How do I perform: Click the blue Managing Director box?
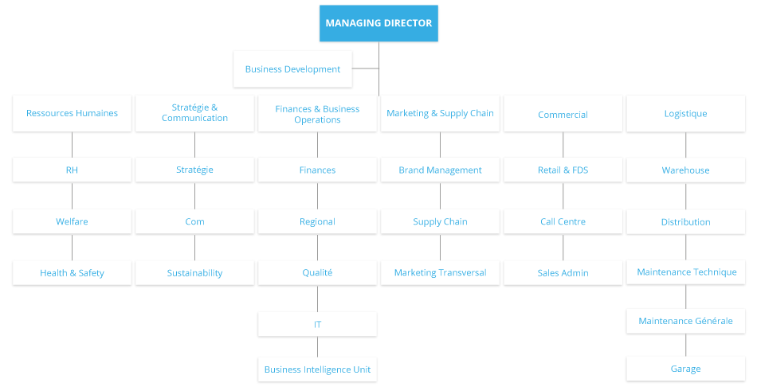pyautogui.click(x=378, y=23)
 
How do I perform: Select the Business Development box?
pyautogui.click(x=292, y=69)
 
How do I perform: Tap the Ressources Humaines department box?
pyautogui.click(x=72, y=113)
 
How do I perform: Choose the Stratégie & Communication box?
pyautogui.click(x=194, y=113)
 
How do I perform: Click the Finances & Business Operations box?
pyautogui.click(x=317, y=114)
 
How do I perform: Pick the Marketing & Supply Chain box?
pyautogui.click(x=440, y=113)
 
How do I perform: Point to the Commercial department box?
pyautogui.click(x=563, y=114)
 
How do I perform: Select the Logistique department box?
pyautogui.click(x=685, y=113)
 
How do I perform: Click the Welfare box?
pyautogui.click(x=72, y=221)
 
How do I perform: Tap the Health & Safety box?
pyautogui.click(x=72, y=273)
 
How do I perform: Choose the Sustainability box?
pyautogui.click(x=194, y=273)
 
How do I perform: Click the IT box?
pyautogui.click(x=317, y=325)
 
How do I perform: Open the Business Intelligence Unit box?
pyautogui.click(x=317, y=369)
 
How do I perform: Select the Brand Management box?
pyautogui.click(x=440, y=170)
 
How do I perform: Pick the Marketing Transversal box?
pyautogui.click(x=440, y=273)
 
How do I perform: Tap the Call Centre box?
pyautogui.click(x=563, y=221)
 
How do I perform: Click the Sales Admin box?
pyautogui.click(x=563, y=273)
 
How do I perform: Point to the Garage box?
pyautogui.click(x=685, y=369)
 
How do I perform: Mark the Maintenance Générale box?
pyautogui.click(x=685, y=321)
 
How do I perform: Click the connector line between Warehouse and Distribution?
pyautogui.click(x=686, y=196)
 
